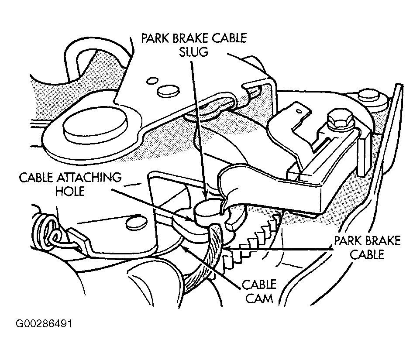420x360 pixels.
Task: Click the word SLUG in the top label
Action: click(x=193, y=51)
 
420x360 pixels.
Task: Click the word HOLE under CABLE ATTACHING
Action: click(x=70, y=191)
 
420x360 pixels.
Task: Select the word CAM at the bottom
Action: click(x=259, y=298)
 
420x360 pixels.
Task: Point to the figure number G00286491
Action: click(x=44, y=324)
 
